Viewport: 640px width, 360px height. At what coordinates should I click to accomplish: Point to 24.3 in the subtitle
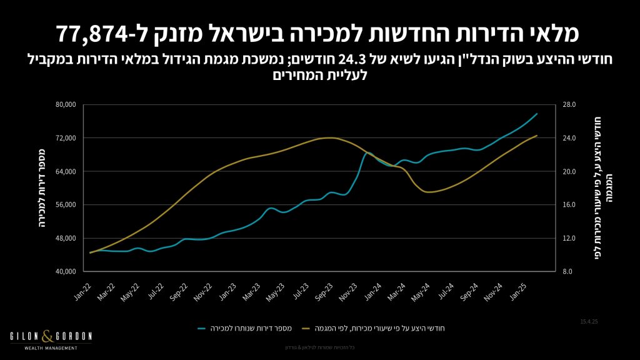pyautogui.click(x=354, y=61)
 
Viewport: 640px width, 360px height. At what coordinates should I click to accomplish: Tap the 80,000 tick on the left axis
pyautogui.click(x=65, y=104)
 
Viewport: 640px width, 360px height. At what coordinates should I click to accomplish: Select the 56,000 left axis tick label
pyautogui.click(x=65, y=204)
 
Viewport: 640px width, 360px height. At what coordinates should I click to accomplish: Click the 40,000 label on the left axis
pyautogui.click(x=65, y=271)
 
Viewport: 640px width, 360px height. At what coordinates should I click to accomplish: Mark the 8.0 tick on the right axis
pyautogui.click(x=568, y=271)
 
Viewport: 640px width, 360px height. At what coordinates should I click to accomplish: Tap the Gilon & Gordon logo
pyautogui.click(x=51, y=339)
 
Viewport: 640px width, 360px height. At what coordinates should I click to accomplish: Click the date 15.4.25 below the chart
pyautogui.click(x=589, y=321)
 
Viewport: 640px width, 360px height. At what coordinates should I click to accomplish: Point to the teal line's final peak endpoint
pyautogui.click(x=537, y=114)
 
